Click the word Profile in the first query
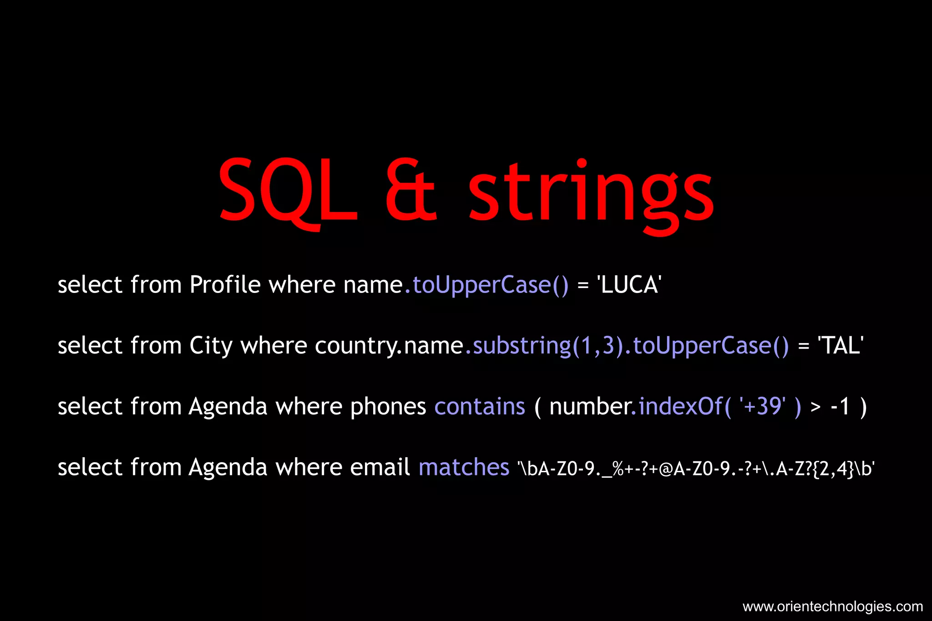[225, 285]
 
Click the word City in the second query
[211, 346]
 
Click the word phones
[388, 407]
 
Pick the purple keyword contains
[480, 406]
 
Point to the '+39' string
[763, 406]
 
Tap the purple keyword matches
[464, 467]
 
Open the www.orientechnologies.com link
[832, 606]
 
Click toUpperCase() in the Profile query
[491, 285]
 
